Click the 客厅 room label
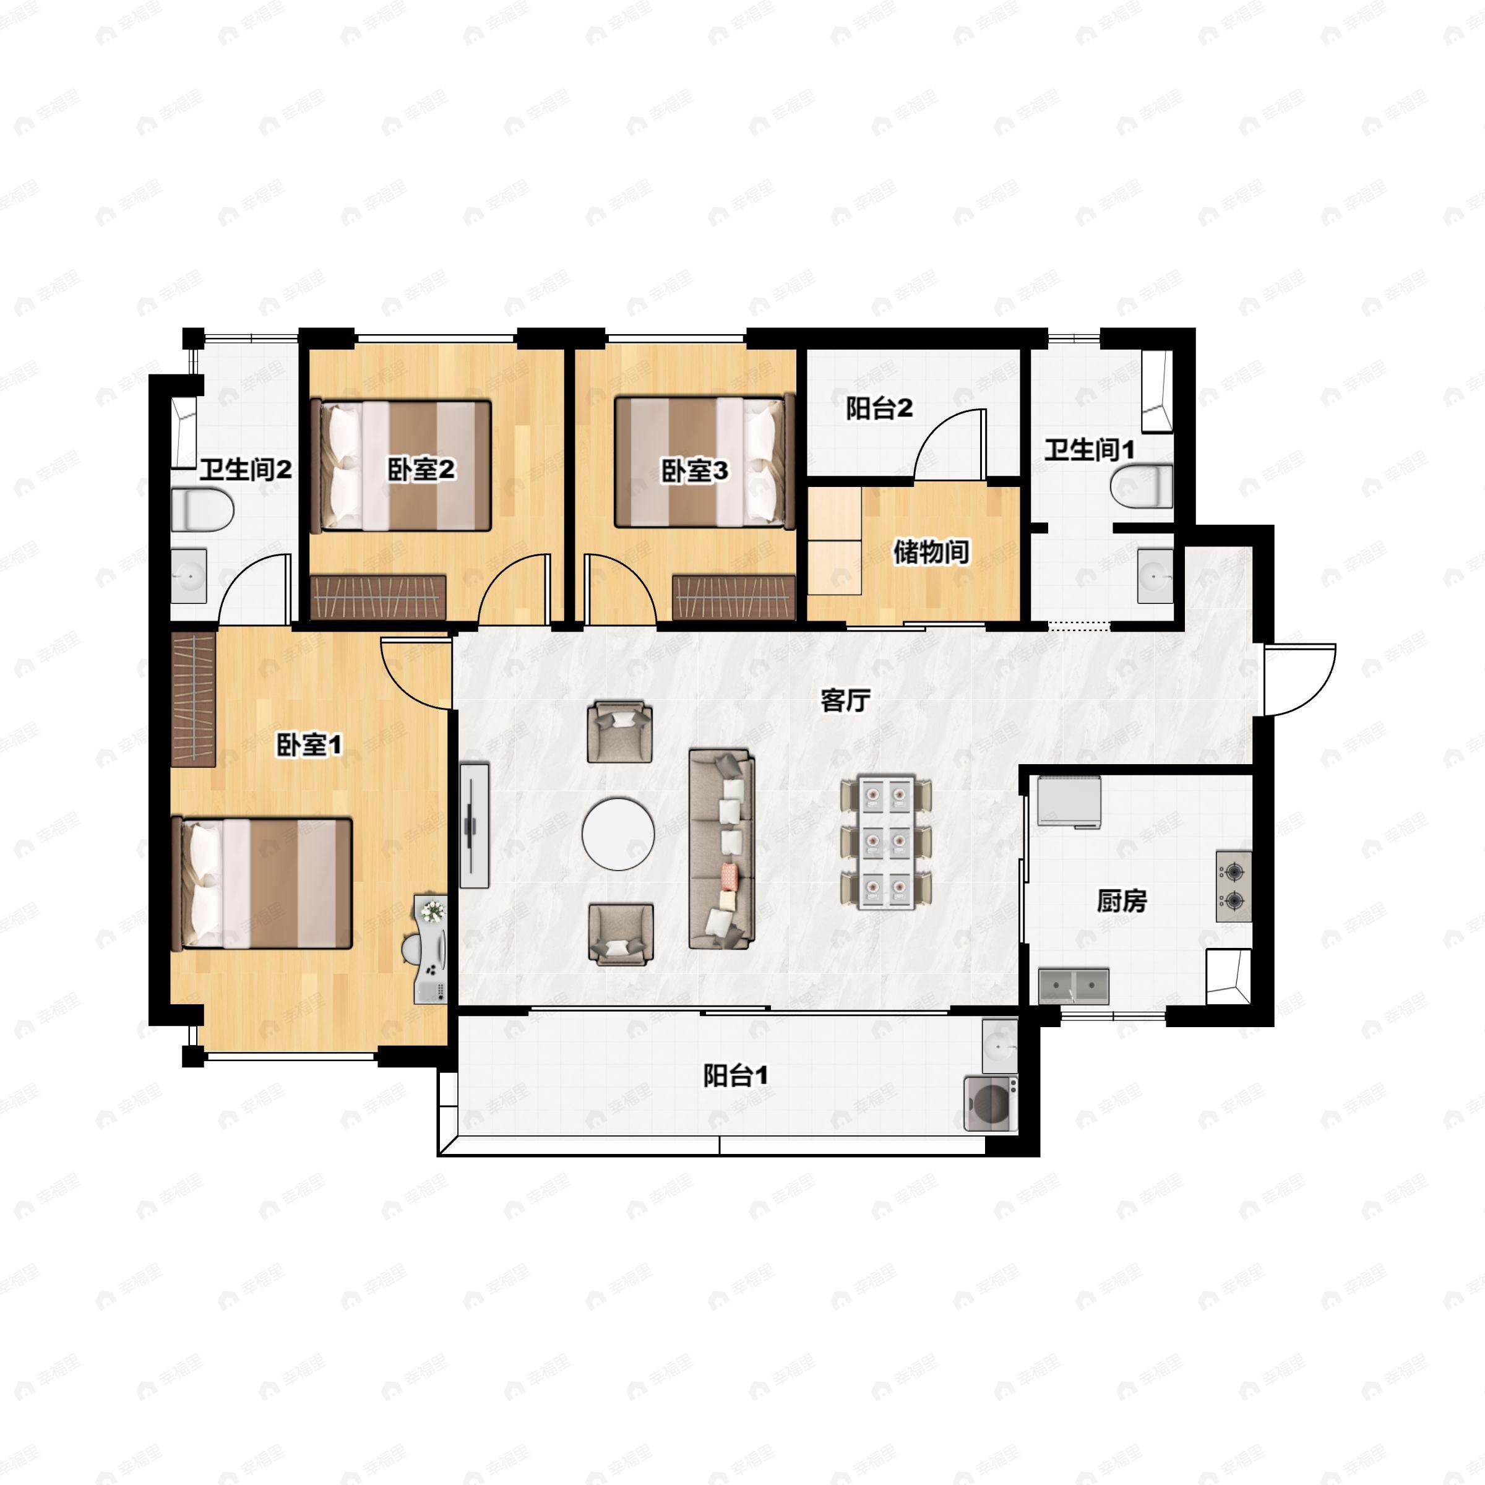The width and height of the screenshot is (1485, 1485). [x=845, y=700]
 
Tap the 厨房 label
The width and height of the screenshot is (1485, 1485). [x=1121, y=900]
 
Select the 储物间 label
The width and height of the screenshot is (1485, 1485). [x=931, y=552]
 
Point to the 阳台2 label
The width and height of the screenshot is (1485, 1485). [x=879, y=408]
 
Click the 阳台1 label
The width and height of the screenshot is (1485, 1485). [x=736, y=1076]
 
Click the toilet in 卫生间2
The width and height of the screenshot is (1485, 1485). [x=202, y=510]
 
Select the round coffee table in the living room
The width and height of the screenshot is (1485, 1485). [x=618, y=833]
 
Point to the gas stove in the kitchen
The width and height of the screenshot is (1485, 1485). [x=1234, y=886]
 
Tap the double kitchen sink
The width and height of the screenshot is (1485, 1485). [x=1074, y=986]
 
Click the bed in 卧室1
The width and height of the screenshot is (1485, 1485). [x=266, y=882]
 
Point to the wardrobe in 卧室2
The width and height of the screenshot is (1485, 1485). [x=378, y=596]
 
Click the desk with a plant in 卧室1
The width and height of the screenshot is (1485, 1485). [x=431, y=949]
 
